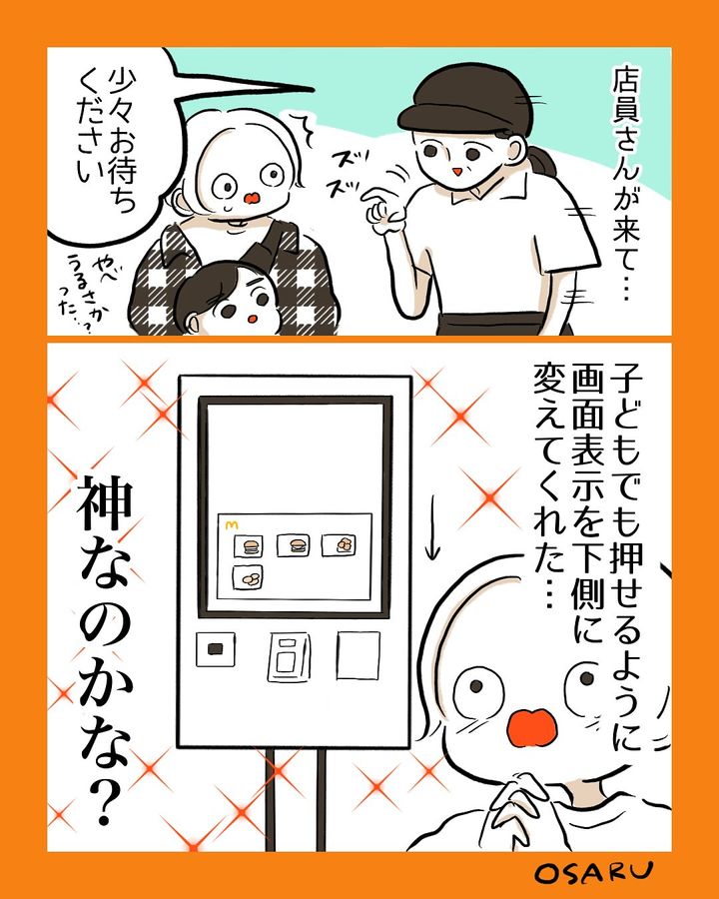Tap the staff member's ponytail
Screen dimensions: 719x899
pyautogui.click(x=542, y=162)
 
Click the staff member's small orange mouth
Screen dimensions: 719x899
pyautogui.click(x=457, y=172)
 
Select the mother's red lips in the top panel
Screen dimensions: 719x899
pyautogui.click(x=252, y=199)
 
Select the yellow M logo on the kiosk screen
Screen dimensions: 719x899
pyautogui.click(x=231, y=523)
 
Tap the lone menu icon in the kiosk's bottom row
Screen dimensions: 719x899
pyautogui.click(x=249, y=578)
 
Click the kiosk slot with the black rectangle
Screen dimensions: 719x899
pyautogui.click(x=216, y=649)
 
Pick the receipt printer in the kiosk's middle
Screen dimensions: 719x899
pyautogui.click(x=289, y=657)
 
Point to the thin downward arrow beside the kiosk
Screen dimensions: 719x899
pyautogui.click(x=432, y=524)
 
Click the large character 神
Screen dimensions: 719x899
pyautogui.click(x=106, y=504)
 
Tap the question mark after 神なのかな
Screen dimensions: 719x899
pyautogui.click(x=102, y=800)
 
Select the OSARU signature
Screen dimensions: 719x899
pyautogui.click(x=593, y=872)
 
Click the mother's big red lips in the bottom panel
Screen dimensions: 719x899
pyautogui.click(x=532, y=727)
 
